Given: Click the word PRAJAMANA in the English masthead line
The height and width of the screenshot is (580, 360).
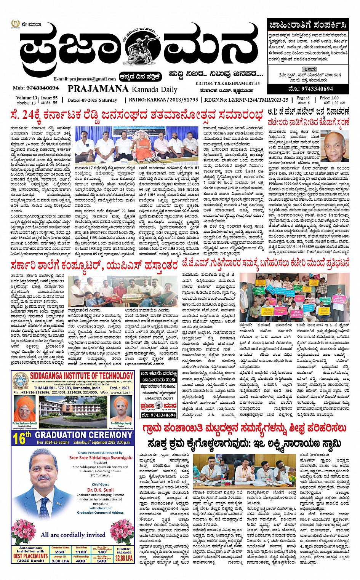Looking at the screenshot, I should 98,89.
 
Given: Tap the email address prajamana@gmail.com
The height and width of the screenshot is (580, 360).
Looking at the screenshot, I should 85,79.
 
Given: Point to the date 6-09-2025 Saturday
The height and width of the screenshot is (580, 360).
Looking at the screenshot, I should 92,100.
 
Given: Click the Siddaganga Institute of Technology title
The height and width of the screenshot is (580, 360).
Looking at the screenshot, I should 82,375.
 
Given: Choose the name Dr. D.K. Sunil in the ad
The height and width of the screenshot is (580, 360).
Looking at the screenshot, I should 101,490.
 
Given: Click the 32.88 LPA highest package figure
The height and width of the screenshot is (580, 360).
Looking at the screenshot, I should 124,558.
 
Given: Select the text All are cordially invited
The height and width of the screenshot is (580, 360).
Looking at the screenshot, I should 73,535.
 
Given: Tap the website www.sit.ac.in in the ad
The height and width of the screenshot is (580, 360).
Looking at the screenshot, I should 121,392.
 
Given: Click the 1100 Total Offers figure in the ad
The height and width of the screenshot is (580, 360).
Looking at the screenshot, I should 81,551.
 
